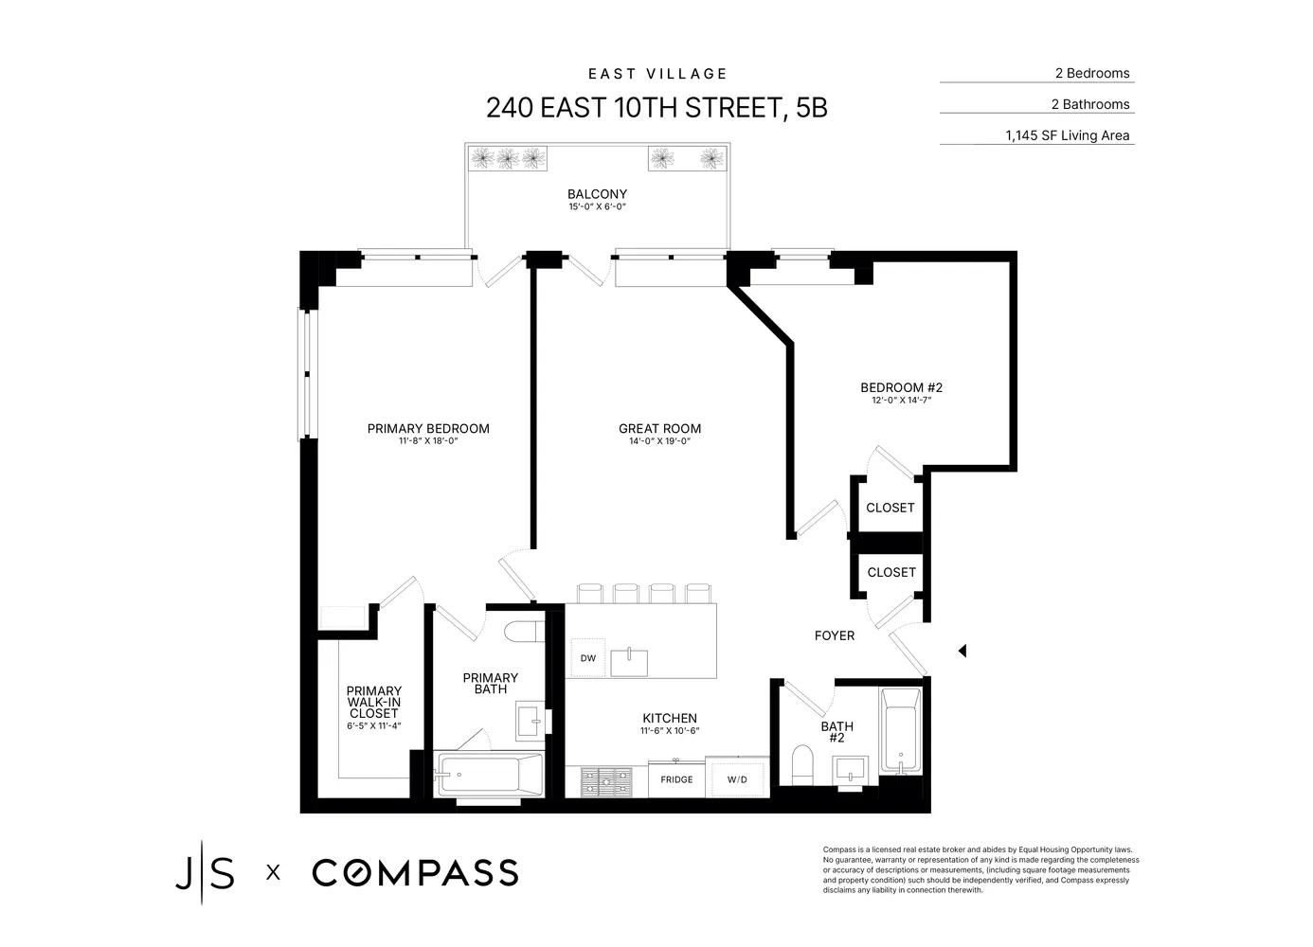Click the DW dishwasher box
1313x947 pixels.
click(587, 658)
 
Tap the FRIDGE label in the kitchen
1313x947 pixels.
click(676, 779)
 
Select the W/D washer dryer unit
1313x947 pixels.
click(737, 779)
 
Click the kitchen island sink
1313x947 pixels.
click(628, 662)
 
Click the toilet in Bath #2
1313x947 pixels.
click(801, 765)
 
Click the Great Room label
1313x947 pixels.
click(659, 428)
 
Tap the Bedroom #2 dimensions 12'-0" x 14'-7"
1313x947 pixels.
click(901, 401)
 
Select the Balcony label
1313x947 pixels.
click(597, 194)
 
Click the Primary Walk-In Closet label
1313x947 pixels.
click(373, 702)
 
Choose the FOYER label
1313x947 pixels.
click(834, 635)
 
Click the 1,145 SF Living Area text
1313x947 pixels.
click(1067, 135)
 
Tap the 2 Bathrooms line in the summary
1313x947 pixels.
click(1090, 104)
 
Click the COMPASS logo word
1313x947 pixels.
click(415, 872)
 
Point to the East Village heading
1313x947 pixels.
click(657, 74)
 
